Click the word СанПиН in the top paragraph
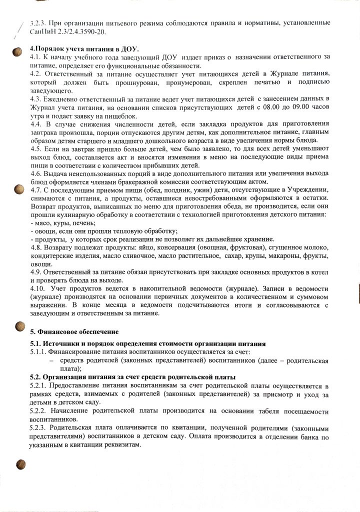(43, 32)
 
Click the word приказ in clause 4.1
(211, 58)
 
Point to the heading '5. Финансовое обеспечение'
(75, 332)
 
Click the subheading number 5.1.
(35, 344)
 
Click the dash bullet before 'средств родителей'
(50, 361)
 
